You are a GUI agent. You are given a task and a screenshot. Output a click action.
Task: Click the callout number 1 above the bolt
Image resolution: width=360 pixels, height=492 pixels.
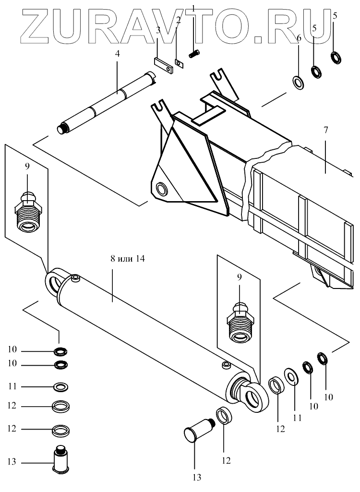click(193, 8)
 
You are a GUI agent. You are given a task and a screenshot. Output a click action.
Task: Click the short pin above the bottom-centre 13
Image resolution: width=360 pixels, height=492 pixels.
click(197, 430)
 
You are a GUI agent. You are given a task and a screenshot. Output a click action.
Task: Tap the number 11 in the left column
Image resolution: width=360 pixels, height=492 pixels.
click(12, 385)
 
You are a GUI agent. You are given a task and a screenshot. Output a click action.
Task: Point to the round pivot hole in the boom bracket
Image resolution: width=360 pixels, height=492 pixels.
click(161, 189)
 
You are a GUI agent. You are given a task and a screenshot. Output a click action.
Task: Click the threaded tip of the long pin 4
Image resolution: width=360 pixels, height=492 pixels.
click(62, 129)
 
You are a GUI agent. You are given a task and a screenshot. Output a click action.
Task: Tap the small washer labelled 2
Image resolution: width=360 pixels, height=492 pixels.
click(179, 63)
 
